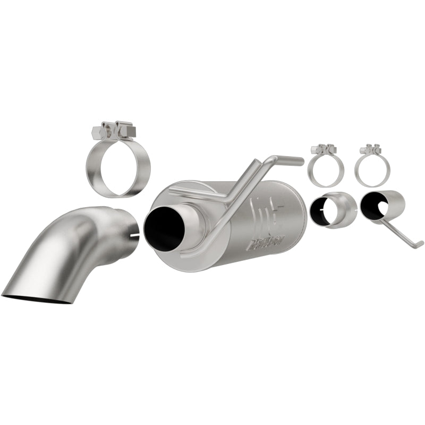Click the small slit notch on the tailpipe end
coord(133,234)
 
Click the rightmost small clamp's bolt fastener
coord(370,149)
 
